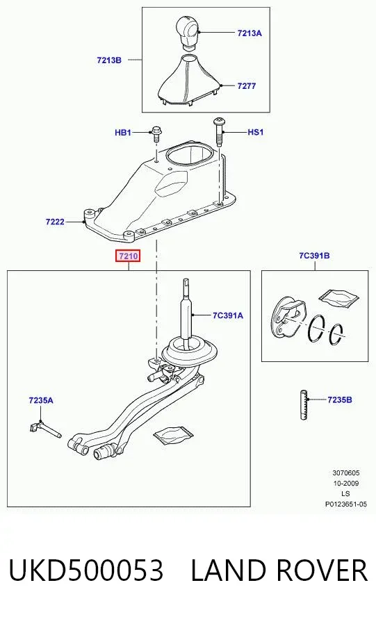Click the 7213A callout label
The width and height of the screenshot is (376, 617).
pos(250,33)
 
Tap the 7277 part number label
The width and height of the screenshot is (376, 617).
pos(247,85)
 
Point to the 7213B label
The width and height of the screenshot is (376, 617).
pos(109,60)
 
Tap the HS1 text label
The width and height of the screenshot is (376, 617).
pos(255,132)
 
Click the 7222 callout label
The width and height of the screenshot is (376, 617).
pos(55,222)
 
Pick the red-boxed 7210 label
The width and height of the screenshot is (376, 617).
pos(129,256)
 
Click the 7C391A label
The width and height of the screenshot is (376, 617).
pos(227,315)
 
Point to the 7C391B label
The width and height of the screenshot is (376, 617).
pos(314,256)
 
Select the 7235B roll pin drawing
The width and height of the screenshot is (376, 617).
pos(304,404)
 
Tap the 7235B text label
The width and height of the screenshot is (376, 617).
pos(339,400)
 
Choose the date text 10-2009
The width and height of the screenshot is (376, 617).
pos(345,483)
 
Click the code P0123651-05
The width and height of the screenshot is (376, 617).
pos(345,504)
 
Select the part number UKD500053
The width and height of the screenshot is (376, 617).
pos(86,570)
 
